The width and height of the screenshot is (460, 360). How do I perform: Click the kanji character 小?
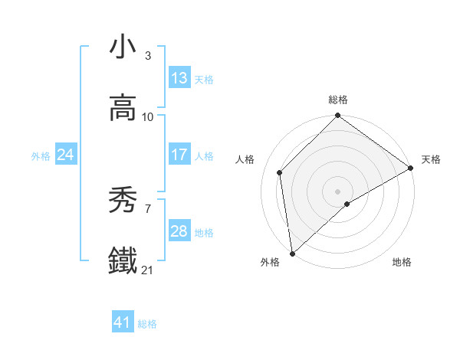[x=123, y=47]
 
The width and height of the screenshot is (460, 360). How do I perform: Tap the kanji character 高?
[x=123, y=108]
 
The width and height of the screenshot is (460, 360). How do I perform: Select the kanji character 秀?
[x=123, y=200]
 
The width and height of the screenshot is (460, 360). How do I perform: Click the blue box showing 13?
[x=179, y=77]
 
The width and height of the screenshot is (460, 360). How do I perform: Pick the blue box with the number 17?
[x=179, y=154]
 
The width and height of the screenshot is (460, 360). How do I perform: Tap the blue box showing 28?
[x=179, y=231]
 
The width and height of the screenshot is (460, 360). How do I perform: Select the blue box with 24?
[x=66, y=155]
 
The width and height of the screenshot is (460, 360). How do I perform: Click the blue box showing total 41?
[x=123, y=322]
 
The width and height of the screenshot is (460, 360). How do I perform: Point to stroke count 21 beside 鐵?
[x=147, y=270]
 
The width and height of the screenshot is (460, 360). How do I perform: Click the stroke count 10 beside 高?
[x=148, y=117]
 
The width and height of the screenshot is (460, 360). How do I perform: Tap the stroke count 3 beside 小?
[x=148, y=56]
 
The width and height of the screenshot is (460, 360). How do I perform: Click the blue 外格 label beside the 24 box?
[x=41, y=155]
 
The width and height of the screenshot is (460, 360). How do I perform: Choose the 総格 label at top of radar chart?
[x=338, y=100]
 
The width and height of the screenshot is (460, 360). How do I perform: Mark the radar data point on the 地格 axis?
[x=347, y=204]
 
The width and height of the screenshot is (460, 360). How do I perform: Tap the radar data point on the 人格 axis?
[x=280, y=172]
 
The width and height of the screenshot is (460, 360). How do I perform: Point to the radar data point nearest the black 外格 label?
[x=292, y=253]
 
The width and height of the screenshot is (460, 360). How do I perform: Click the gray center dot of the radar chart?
[x=338, y=191]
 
